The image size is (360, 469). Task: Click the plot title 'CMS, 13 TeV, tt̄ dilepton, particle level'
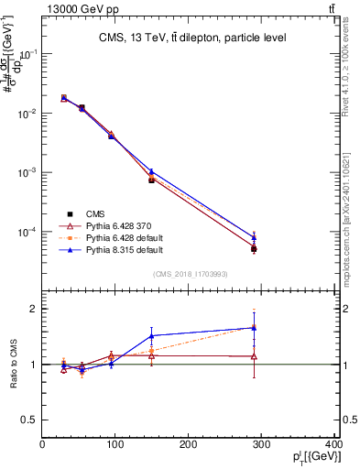(x=191, y=38)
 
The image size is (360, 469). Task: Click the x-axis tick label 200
(x=189, y=446)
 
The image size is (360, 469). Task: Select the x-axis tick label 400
(x=333, y=446)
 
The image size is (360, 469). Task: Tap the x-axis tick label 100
(x=115, y=446)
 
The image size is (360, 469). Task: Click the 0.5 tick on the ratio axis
(x=31, y=420)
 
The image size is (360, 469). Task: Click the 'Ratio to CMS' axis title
(x=14, y=364)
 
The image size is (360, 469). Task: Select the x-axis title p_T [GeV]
(x=312, y=457)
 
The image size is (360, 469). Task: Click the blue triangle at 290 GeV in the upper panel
(x=254, y=236)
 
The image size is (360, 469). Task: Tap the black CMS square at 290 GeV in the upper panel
(x=254, y=249)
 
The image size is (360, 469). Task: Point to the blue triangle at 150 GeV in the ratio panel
(x=152, y=336)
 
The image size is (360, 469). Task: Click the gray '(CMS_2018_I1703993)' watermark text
(x=190, y=273)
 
